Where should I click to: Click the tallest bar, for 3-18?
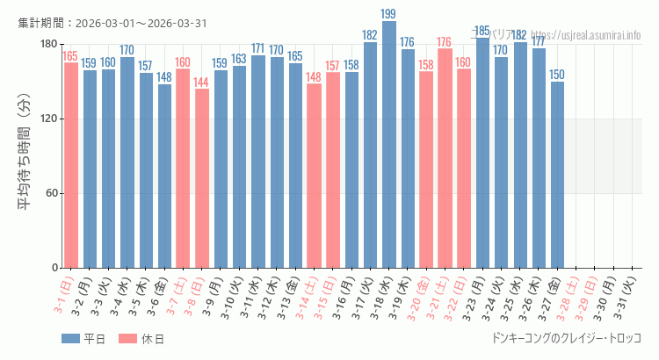[x=389, y=145]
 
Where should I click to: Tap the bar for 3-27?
[x=557, y=175]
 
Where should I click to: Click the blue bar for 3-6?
[x=164, y=176]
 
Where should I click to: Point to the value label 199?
[x=389, y=14]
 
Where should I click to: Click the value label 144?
[x=201, y=83]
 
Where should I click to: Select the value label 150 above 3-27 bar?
[x=557, y=75]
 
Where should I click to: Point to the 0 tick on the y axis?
[x=54, y=268]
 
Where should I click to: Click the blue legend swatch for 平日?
[x=71, y=338]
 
